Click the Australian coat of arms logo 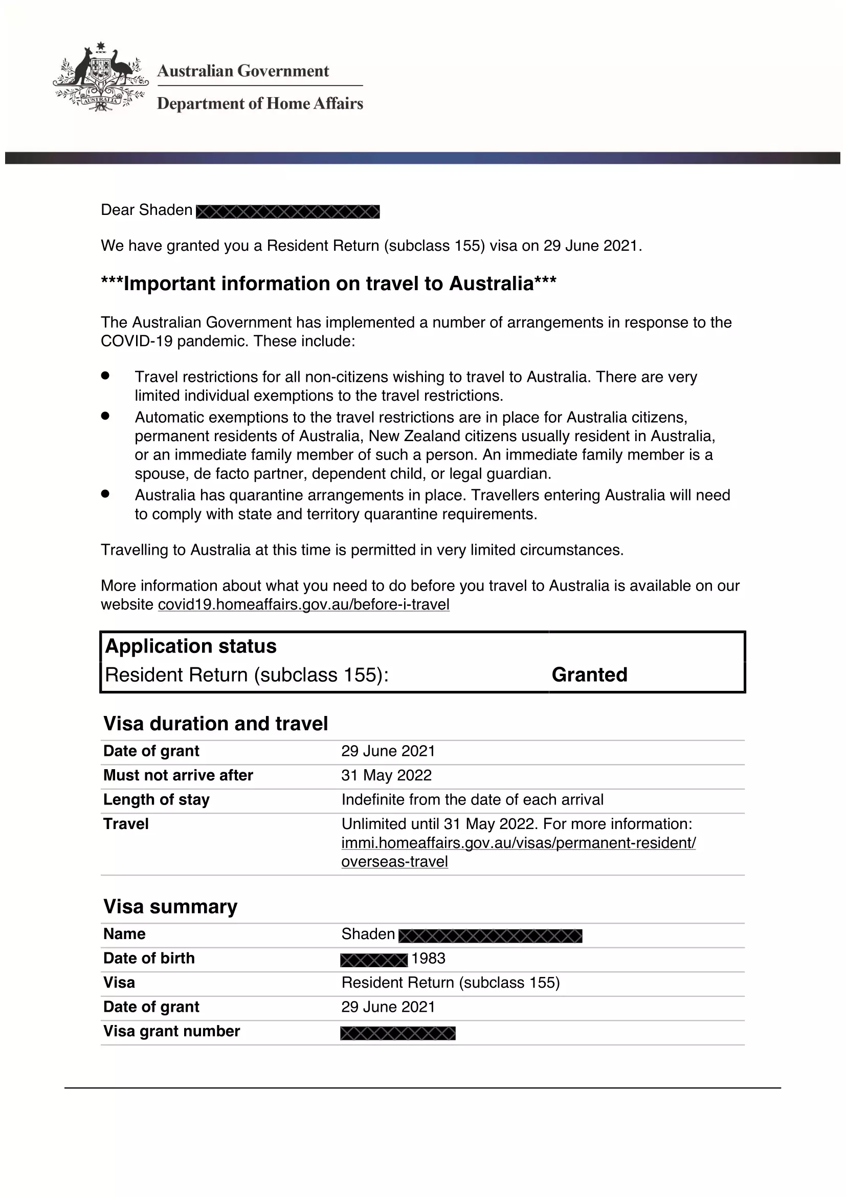tap(101, 77)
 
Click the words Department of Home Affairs tap(260, 104)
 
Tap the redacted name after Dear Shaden tap(287, 212)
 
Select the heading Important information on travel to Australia tap(329, 284)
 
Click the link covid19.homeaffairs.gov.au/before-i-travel tap(303, 605)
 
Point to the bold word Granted tap(589, 674)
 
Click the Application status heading tap(191, 646)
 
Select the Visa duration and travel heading tap(216, 724)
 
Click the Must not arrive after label tap(178, 775)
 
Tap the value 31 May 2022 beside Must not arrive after tap(386, 775)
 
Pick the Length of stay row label tap(157, 800)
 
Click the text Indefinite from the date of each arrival tap(472, 800)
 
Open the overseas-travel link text tap(394, 862)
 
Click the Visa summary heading tap(170, 907)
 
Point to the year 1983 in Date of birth tap(428, 958)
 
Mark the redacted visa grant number tap(397, 1033)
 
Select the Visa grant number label tap(171, 1031)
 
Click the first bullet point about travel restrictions tap(105, 375)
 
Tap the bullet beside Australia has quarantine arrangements tap(105, 494)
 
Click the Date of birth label tap(149, 958)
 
